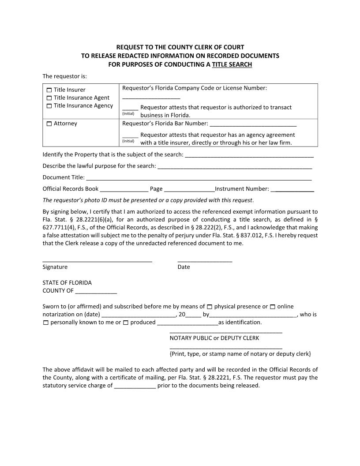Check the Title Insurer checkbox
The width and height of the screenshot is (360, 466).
tap(49, 90)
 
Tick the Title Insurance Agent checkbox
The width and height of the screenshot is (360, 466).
tap(49, 98)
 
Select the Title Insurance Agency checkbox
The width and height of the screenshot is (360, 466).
tap(49, 106)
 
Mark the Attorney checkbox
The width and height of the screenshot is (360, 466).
tap(49, 124)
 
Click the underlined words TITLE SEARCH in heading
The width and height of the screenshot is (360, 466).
tap(232, 64)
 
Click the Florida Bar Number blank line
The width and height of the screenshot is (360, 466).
tap(253, 124)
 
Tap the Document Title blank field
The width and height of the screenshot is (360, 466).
tap(199, 178)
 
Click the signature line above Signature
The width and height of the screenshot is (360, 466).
tap(97, 260)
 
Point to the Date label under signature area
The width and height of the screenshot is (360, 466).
tap(184, 267)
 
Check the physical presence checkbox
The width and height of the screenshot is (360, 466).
tap(210, 307)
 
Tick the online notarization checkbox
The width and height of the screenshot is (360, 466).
tap(273, 307)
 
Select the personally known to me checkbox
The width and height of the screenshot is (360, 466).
tap(46, 323)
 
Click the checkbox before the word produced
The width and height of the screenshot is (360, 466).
tap(126, 323)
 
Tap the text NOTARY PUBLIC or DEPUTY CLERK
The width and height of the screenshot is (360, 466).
tap(214, 338)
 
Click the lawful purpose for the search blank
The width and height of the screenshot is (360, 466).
tap(235, 167)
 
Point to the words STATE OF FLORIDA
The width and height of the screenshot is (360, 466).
tap(67, 282)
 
